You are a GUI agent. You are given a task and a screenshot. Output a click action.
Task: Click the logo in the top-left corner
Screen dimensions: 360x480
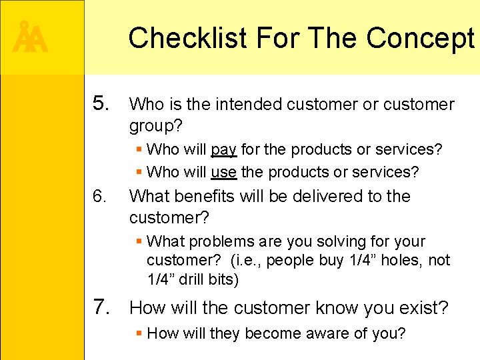[30, 38]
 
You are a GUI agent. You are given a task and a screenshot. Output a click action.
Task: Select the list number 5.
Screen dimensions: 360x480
[102, 103]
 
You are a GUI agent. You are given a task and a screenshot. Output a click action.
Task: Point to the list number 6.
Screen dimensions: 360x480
[100, 196]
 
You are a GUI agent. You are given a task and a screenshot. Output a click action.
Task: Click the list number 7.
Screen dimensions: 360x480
[102, 307]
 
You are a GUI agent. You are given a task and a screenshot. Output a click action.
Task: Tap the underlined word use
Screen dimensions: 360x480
[223, 172]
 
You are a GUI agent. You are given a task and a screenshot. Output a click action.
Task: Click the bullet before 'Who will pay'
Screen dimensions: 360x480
[138, 149]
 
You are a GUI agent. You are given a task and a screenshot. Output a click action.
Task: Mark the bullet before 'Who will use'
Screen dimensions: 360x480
[138, 172]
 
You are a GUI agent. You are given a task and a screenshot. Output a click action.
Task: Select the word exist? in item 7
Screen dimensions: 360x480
[425, 307]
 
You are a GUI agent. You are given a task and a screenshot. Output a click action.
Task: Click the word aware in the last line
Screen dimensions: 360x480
[323, 333]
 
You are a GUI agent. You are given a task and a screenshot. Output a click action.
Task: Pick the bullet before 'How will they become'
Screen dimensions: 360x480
[138, 333]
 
